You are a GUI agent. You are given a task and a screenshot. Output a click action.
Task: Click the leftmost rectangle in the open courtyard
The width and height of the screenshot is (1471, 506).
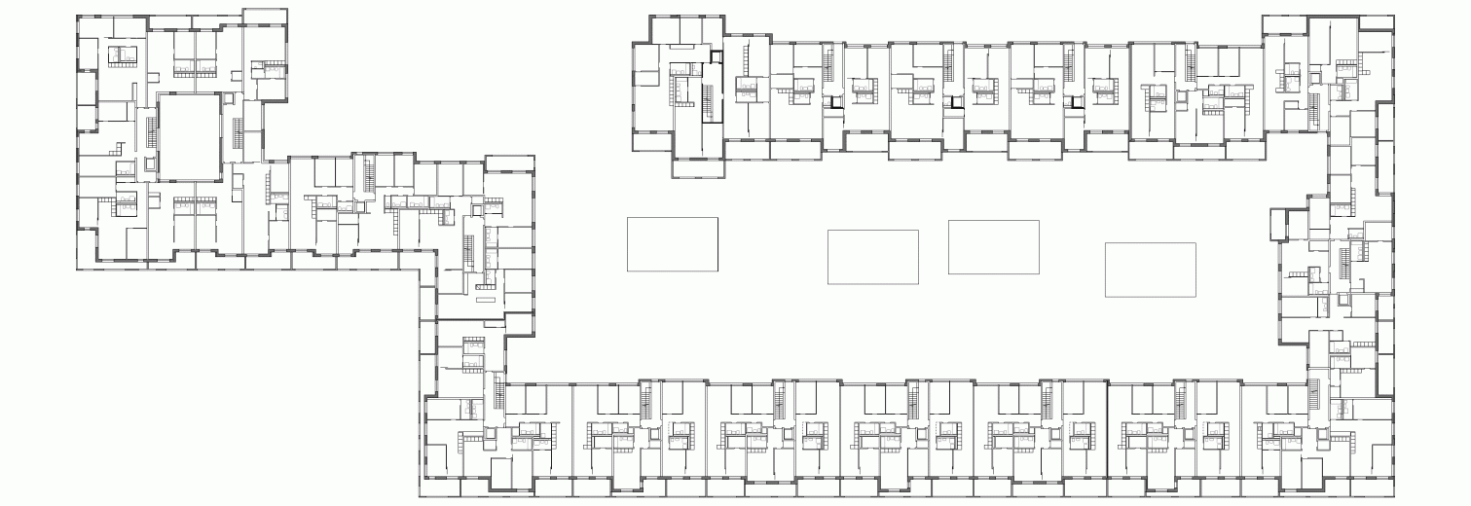(672, 244)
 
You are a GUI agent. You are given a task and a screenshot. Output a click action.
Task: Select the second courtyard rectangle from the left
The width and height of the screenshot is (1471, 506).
(872, 257)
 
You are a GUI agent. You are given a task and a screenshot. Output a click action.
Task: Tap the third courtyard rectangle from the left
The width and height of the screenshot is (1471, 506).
(993, 247)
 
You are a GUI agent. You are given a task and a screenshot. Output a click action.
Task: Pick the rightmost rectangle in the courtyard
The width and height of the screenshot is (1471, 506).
(1150, 270)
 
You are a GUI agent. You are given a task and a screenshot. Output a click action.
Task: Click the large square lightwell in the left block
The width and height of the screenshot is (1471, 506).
(187, 136)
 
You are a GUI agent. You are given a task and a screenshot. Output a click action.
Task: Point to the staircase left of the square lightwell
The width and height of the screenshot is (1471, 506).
(150, 135)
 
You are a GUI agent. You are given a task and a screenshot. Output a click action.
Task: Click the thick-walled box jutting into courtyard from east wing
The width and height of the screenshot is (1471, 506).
(1278, 226)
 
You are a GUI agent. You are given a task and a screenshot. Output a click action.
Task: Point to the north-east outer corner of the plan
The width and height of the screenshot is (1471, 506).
(1392, 16)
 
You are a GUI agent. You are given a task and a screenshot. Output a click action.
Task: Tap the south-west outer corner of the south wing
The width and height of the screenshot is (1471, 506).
(421, 496)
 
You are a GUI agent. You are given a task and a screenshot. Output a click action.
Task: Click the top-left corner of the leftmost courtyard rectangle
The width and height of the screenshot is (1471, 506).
(626, 218)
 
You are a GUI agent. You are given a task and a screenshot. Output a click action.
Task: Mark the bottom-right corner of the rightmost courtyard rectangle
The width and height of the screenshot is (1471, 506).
(1195, 296)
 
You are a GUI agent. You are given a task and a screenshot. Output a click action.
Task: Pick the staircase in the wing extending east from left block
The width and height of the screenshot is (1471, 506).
(369, 176)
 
